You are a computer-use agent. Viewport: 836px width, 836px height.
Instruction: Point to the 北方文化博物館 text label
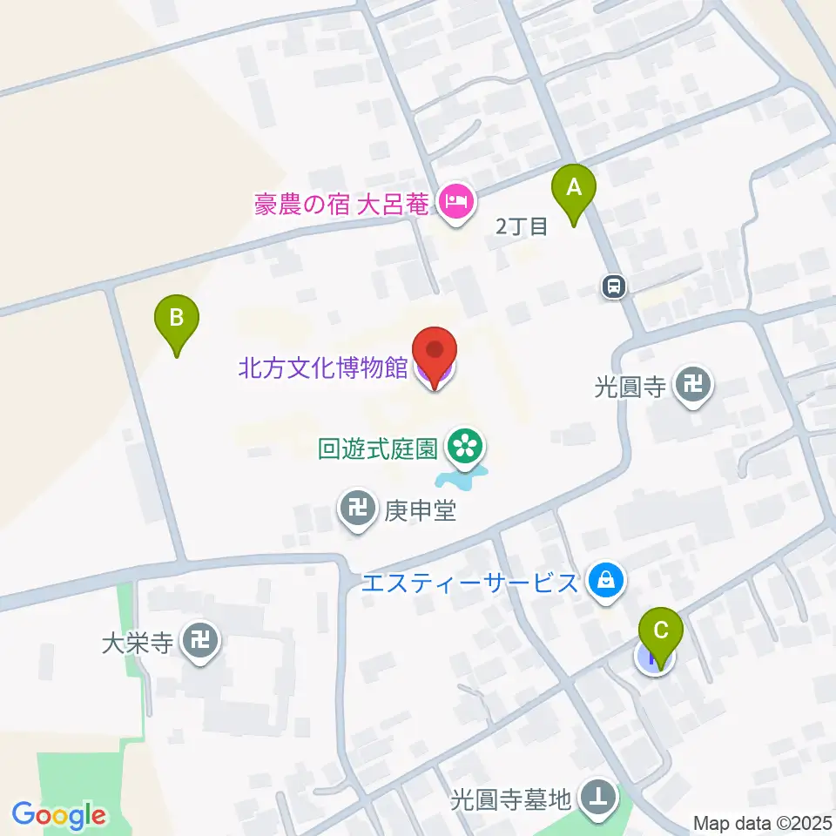point(323,367)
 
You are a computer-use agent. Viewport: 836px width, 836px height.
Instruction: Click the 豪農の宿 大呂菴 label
point(342,206)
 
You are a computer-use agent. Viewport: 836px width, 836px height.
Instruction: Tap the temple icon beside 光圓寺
point(694,384)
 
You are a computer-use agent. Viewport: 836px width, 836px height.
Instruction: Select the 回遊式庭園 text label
point(376,448)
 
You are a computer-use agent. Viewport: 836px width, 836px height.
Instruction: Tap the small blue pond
point(460,476)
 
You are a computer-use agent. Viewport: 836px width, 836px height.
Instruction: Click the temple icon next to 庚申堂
point(358,508)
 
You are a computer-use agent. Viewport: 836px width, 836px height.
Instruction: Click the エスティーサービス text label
point(470,582)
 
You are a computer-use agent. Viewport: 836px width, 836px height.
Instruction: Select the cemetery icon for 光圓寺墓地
point(598,797)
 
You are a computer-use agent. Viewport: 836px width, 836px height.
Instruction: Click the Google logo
point(59,815)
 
